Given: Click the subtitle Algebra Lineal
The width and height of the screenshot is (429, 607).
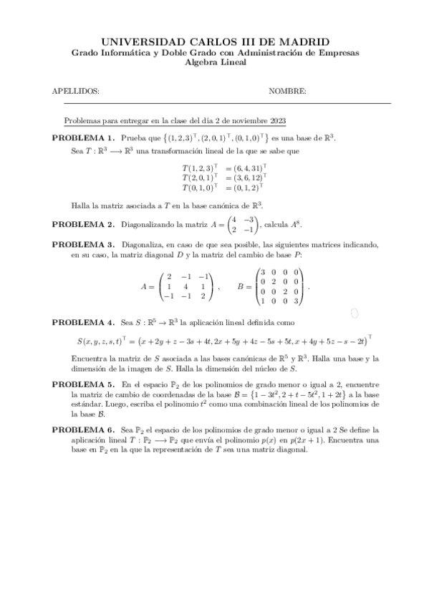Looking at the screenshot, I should tap(215, 62).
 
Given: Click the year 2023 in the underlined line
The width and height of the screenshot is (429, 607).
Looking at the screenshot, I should tap(284, 121).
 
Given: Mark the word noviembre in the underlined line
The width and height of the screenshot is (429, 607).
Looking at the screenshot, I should tap(255, 121).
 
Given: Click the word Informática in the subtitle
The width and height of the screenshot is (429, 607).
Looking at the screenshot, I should tap(121, 53).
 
